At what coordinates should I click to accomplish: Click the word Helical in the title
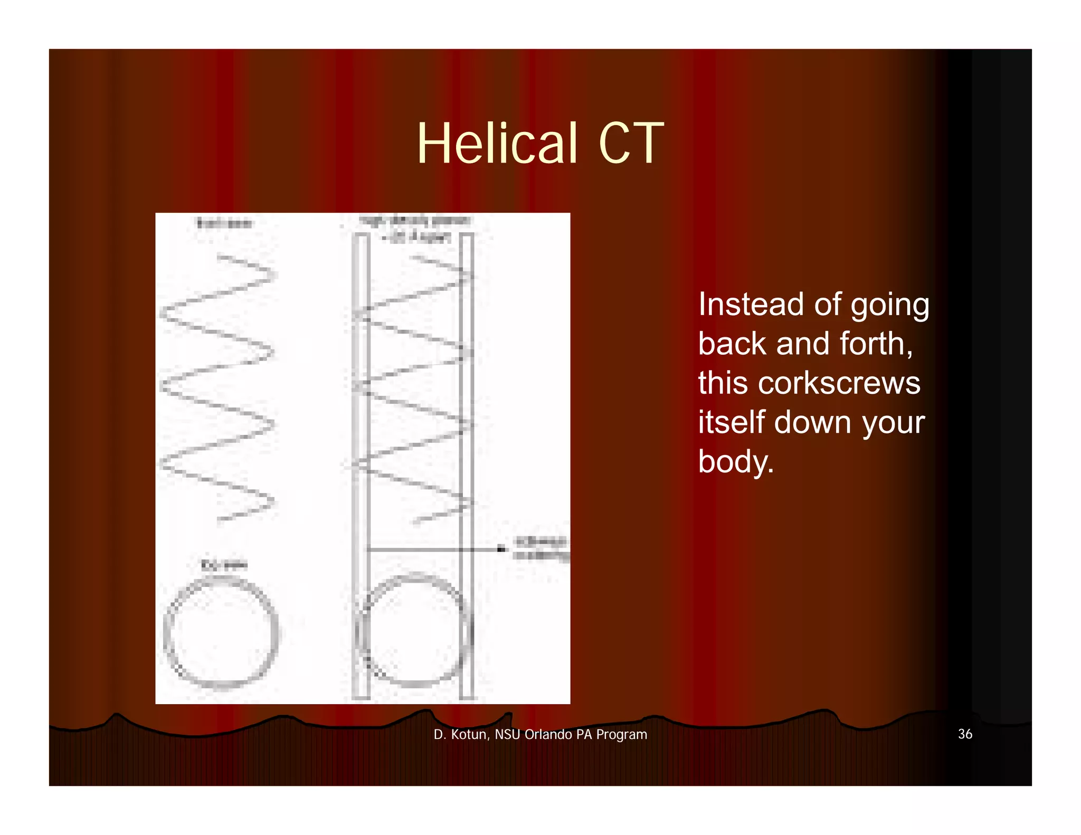[x=497, y=143]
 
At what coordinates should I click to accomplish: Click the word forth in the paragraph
[x=876, y=344]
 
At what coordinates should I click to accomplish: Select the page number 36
[x=965, y=734]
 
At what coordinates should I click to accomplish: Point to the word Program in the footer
[x=621, y=735]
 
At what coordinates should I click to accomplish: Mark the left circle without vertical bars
[x=221, y=632]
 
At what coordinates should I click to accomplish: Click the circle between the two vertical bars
[x=414, y=631]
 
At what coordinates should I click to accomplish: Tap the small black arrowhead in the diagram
[x=501, y=549]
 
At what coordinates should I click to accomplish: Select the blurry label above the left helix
[x=224, y=223]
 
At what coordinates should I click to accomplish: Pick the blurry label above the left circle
[x=224, y=565]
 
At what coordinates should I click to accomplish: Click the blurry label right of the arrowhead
[x=541, y=548]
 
